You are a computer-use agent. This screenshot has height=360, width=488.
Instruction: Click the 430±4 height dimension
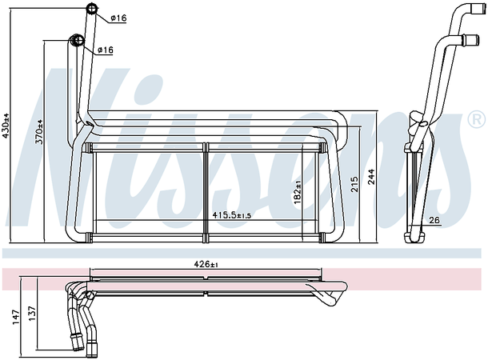click(7, 126)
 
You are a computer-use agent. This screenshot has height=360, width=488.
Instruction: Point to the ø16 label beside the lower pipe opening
click(105, 50)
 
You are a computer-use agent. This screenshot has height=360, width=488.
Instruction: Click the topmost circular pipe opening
click(92, 10)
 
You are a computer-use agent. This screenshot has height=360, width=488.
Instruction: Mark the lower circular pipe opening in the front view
click(78, 42)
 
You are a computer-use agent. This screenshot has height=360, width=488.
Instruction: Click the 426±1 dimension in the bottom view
click(208, 263)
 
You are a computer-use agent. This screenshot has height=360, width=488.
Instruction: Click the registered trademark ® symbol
click(475, 121)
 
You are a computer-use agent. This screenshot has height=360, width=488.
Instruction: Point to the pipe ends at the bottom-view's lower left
click(87, 345)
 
